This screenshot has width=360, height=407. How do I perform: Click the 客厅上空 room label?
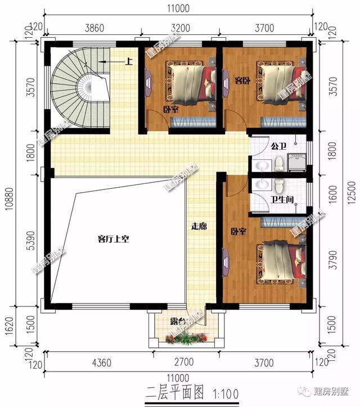coord(113,239)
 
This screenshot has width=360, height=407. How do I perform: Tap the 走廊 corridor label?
coord(200,227)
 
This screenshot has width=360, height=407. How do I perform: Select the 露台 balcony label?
coord(179,323)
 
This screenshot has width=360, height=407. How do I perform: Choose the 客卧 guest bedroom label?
coord(242,80)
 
